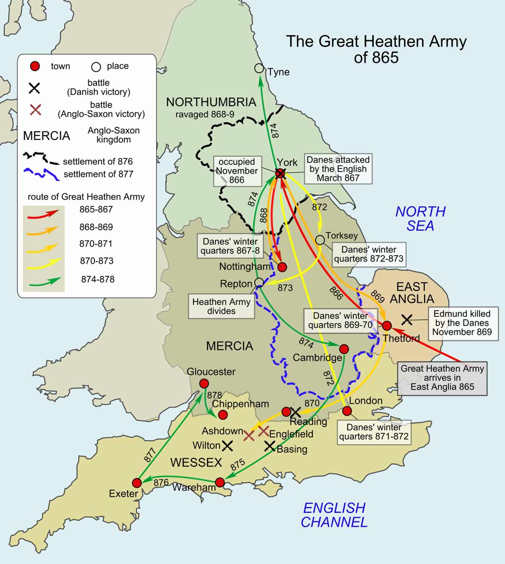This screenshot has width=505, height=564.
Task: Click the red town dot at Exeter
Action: [137, 483]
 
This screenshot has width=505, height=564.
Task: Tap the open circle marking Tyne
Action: [259, 69]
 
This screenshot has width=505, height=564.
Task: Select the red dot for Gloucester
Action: [204, 384]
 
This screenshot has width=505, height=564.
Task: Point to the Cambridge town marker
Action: [344, 349]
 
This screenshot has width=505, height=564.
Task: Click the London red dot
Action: [347, 411]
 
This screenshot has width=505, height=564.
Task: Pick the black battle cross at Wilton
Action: [227, 446]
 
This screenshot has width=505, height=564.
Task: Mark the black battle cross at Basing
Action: [270, 446]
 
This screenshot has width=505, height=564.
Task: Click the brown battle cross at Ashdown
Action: [249, 436]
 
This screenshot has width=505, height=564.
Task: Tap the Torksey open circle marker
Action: [320, 240]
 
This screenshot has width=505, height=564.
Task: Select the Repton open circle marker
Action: [259, 282]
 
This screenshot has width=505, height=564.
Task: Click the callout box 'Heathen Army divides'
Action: [221, 306]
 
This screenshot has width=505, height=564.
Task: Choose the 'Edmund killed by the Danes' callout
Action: [462, 322]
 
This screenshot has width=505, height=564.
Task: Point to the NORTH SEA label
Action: [420, 219]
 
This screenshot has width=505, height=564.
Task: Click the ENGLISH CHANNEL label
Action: [334, 515]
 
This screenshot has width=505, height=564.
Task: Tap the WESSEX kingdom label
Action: [196, 462]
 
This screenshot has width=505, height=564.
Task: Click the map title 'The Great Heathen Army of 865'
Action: [376, 49]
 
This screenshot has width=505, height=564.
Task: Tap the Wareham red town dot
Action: [220, 482]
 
